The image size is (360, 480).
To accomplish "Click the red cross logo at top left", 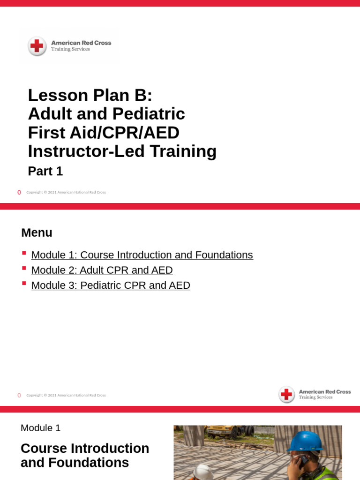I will (37, 46).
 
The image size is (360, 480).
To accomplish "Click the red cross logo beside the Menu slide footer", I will (286, 395).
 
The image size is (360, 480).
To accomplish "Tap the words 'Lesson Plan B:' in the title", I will (90, 95).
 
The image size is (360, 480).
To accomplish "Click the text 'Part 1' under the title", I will (45, 172).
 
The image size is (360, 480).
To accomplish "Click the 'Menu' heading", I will (37, 232).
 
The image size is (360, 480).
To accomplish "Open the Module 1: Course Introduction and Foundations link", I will (142, 255).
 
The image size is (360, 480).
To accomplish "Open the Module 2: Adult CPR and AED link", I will (102, 270).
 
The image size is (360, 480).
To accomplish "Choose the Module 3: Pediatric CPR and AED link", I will (111, 285).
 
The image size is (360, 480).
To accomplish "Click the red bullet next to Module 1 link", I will (24, 254).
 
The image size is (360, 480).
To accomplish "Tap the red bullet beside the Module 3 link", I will (24, 284).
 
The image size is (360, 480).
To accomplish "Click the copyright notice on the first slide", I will (66, 192).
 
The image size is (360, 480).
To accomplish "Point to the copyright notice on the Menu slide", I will (66, 395).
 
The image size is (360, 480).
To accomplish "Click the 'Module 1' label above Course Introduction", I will (40, 428).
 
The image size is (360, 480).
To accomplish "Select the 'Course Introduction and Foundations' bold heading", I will (84, 456).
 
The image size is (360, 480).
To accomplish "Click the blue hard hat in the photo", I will (305, 441).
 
